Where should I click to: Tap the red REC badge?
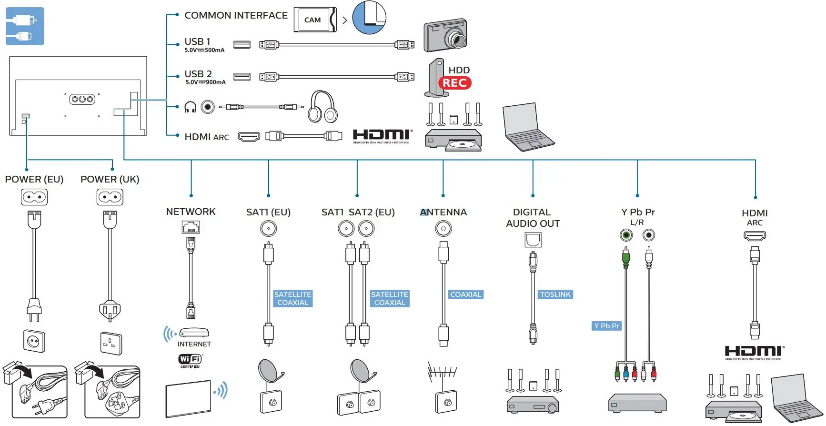point(454,83)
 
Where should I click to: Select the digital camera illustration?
point(445,35)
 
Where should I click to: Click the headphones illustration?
point(322,107)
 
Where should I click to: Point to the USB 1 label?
point(197,41)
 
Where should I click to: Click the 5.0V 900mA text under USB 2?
point(205,82)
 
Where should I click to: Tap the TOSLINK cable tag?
point(555,294)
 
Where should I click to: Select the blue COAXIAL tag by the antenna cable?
point(465,294)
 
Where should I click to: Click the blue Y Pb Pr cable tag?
point(606,326)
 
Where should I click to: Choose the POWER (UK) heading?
point(110,179)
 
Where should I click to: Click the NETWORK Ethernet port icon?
point(191,227)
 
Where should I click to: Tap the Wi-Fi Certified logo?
point(190,360)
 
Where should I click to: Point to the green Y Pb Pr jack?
point(626,235)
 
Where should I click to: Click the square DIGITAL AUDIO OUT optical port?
point(533,239)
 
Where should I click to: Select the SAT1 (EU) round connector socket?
point(268,229)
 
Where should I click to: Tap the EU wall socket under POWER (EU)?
point(34,341)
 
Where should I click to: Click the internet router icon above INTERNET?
point(193,333)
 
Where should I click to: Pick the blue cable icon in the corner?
point(25,26)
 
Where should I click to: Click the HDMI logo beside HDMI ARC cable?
point(382,135)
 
